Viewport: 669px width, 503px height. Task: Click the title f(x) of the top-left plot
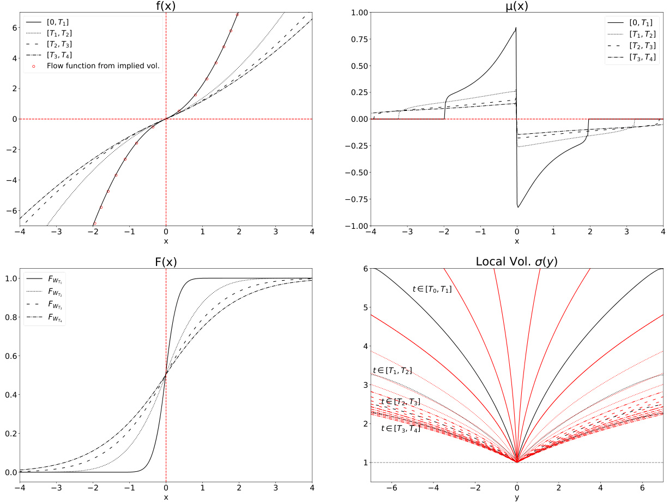(166, 6)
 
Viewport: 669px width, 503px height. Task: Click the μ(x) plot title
(517, 6)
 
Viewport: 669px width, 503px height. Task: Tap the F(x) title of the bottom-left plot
(166, 261)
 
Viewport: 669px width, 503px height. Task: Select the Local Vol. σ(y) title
(517, 261)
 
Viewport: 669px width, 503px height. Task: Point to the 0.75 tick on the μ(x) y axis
(358, 38)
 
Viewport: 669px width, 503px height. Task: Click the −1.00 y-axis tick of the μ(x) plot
(356, 226)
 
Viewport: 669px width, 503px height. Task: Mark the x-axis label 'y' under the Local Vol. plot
(517, 498)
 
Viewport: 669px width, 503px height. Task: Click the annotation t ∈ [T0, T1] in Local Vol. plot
(432, 289)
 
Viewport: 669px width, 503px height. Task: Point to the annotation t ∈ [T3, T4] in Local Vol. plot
(400, 429)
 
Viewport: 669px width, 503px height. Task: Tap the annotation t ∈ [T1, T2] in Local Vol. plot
(392, 371)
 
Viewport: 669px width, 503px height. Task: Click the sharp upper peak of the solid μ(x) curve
(516, 28)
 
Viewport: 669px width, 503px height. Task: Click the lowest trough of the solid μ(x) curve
(518, 207)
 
